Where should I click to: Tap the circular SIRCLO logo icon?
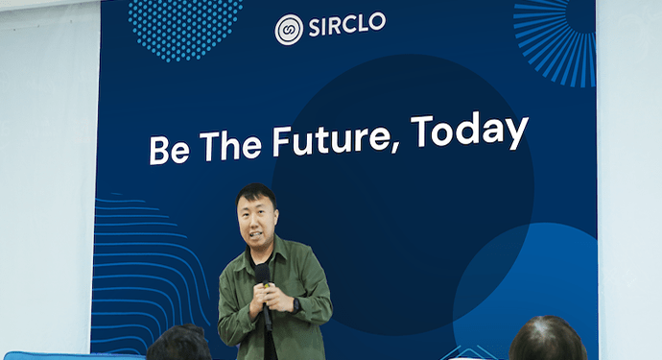pos(288,29)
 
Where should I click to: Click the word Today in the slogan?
pos(469,132)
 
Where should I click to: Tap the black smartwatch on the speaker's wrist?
pos(296,306)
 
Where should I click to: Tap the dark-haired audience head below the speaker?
pos(179,345)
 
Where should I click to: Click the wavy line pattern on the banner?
pos(144,269)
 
